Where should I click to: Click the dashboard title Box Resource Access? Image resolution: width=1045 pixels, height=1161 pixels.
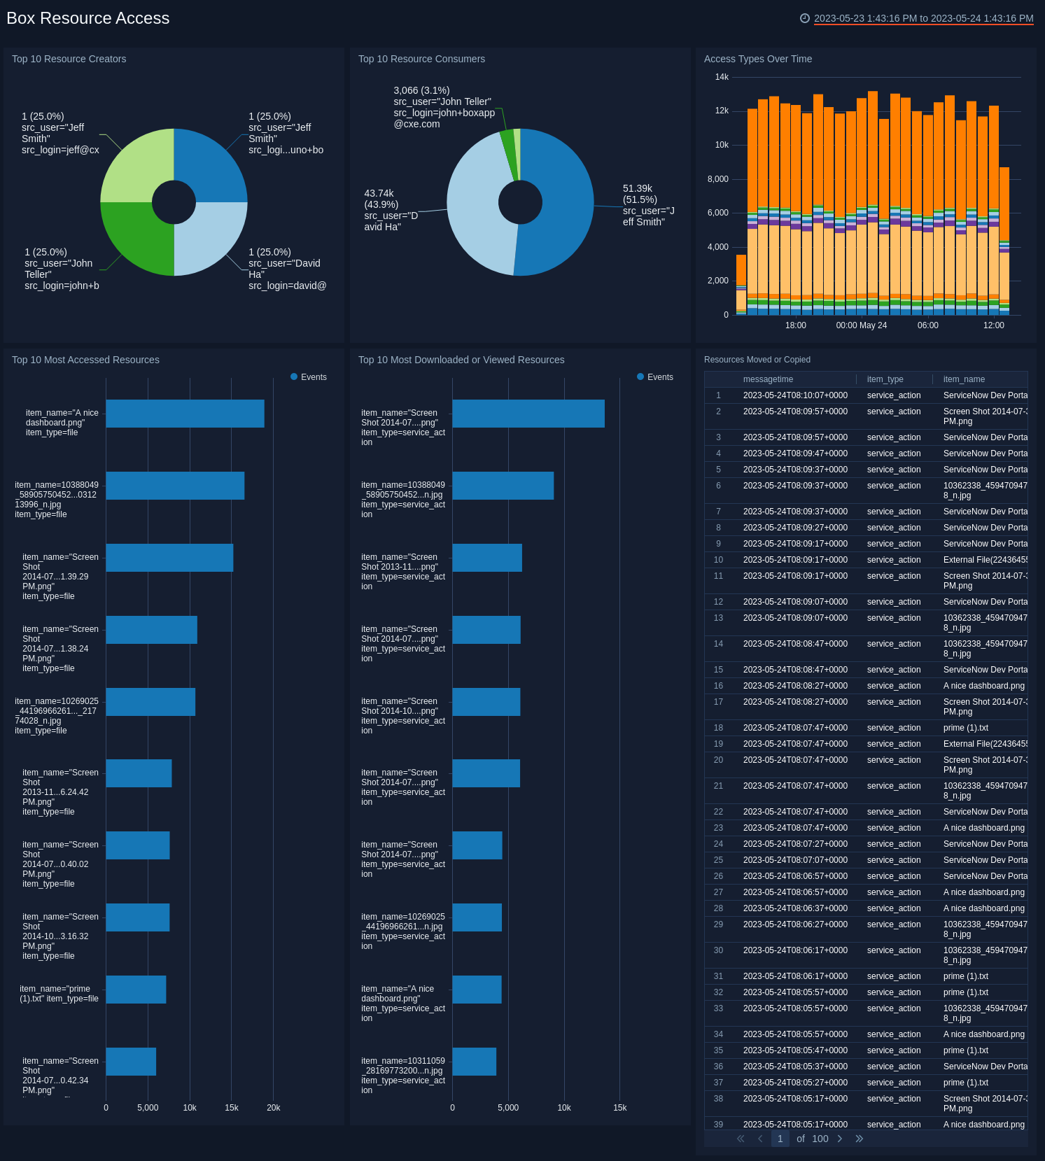tap(88, 18)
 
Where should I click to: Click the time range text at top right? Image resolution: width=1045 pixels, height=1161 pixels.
tap(923, 18)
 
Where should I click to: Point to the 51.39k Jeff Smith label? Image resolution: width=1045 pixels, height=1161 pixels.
tap(647, 205)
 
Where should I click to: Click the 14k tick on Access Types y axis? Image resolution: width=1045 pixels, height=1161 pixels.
tap(722, 77)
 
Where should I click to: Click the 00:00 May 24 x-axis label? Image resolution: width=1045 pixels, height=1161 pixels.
tap(861, 325)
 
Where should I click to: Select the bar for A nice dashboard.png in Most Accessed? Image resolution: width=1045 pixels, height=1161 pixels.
tap(185, 414)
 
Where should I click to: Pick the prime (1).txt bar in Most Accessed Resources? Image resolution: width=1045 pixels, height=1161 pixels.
tap(136, 990)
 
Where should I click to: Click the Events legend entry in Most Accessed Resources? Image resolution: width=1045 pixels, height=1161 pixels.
tap(309, 377)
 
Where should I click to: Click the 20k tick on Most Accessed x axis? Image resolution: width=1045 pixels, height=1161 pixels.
tap(273, 1108)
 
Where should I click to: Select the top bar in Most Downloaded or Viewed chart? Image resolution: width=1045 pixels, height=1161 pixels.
tap(528, 414)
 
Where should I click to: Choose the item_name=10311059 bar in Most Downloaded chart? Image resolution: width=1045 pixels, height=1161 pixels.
tap(474, 1062)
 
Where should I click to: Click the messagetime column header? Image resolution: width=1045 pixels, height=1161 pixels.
tap(768, 379)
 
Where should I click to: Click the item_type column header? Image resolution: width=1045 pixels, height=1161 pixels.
tap(885, 379)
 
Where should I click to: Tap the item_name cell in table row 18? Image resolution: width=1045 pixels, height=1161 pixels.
tap(965, 728)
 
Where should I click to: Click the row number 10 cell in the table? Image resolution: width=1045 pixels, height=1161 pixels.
tap(718, 560)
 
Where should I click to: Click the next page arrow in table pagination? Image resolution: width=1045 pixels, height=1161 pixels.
tap(840, 1139)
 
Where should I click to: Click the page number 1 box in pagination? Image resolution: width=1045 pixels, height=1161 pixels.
tap(780, 1139)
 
